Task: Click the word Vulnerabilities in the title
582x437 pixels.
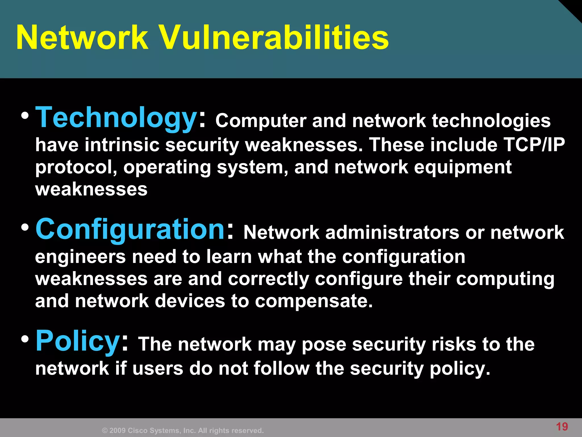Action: (x=274, y=38)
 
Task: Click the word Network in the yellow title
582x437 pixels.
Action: (x=82, y=38)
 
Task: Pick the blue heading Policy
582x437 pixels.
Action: (x=78, y=341)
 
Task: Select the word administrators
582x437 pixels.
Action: (x=392, y=232)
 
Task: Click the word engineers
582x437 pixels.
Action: (x=80, y=257)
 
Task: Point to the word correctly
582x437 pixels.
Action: (x=268, y=279)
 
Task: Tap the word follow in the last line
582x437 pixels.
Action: (x=281, y=368)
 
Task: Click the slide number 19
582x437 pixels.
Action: (x=562, y=426)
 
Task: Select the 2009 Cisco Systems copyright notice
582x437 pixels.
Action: (x=183, y=430)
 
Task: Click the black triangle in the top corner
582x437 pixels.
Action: (x=574, y=7)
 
